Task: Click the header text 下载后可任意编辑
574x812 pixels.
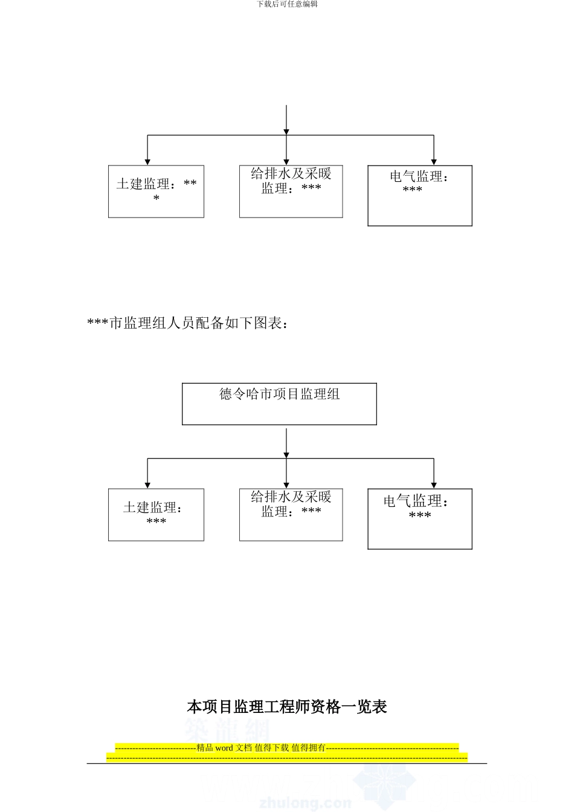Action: tap(287, 4)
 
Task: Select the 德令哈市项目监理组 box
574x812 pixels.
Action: tap(279, 404)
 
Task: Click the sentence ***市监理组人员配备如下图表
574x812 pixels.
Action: tap(188, 324)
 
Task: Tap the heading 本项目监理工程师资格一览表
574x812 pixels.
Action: tap(287, 706)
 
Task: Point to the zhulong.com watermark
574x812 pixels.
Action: tap(305, 803)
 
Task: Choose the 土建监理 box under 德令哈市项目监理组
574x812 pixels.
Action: tap(156, 515)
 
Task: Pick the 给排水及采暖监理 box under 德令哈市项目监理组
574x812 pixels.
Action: tap(291, 515)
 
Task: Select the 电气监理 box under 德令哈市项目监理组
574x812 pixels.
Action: tap(419, 519)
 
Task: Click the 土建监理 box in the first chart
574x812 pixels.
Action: tap(156, 192)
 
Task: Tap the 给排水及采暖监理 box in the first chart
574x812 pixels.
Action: tap(291, 192)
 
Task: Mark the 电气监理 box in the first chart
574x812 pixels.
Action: tap(419, 196)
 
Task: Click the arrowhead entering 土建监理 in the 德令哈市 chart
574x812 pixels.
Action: tap(147, 485)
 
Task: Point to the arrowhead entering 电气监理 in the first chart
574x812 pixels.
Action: tap(434, 161)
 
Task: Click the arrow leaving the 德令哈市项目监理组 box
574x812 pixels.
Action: tap(286, 441)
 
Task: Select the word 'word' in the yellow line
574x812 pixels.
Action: tap(224, 748)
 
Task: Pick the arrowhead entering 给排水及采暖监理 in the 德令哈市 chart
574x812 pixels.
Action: tap(286, 485)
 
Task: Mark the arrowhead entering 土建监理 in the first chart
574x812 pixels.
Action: tap(147, 161)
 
